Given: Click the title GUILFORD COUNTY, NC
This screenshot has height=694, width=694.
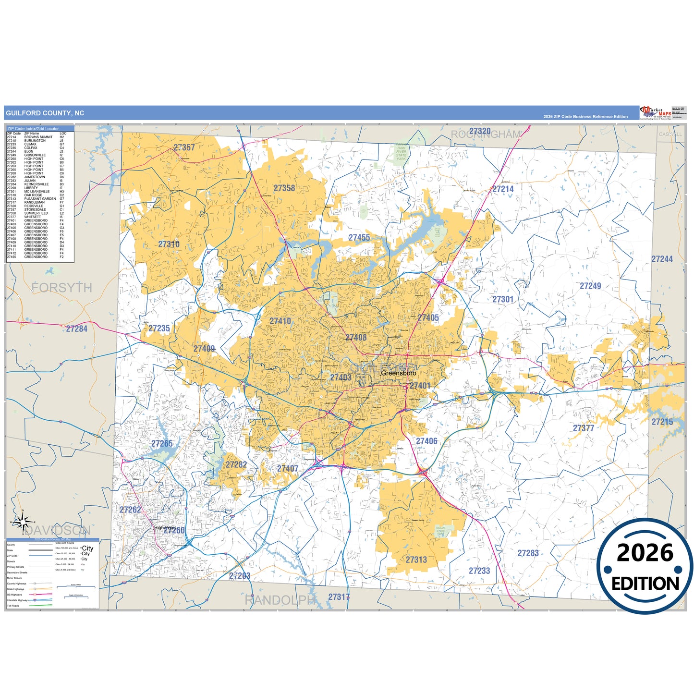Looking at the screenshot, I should tap(45, 113).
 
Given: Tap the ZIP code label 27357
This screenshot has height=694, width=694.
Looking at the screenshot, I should tap(184, 147).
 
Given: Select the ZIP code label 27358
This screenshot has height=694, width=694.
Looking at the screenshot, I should tap(284, 188).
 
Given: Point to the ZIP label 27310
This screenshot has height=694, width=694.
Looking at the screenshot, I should tap(169, 244).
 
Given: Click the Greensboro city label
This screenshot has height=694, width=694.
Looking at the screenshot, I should tap(399, 373).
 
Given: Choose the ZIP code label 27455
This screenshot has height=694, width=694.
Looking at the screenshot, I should tap(359, 238).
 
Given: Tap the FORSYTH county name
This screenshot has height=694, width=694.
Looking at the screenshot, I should tap(62, 288).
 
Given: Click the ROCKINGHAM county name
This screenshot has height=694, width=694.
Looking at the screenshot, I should tap(486, 135).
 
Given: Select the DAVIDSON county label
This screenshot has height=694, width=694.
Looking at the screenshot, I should tap(58, 531).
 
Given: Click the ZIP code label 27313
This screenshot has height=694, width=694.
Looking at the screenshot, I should tap(416, 560).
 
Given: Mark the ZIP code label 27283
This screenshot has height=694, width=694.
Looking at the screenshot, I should tap(528, 553).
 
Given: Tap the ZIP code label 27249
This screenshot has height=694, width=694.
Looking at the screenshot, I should tap(590, 286).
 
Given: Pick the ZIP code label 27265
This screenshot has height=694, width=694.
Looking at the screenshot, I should tap(162, 444).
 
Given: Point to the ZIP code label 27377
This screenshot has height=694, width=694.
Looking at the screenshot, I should tap(584, 428).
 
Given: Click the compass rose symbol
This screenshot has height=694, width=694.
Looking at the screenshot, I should tap(23, 522).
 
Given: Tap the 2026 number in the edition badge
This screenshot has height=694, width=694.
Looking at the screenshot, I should tap(645, 553).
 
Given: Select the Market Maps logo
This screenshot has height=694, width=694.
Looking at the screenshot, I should tap(656, 113).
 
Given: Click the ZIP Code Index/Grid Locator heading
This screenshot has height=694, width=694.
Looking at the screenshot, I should tap(33, 129).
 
